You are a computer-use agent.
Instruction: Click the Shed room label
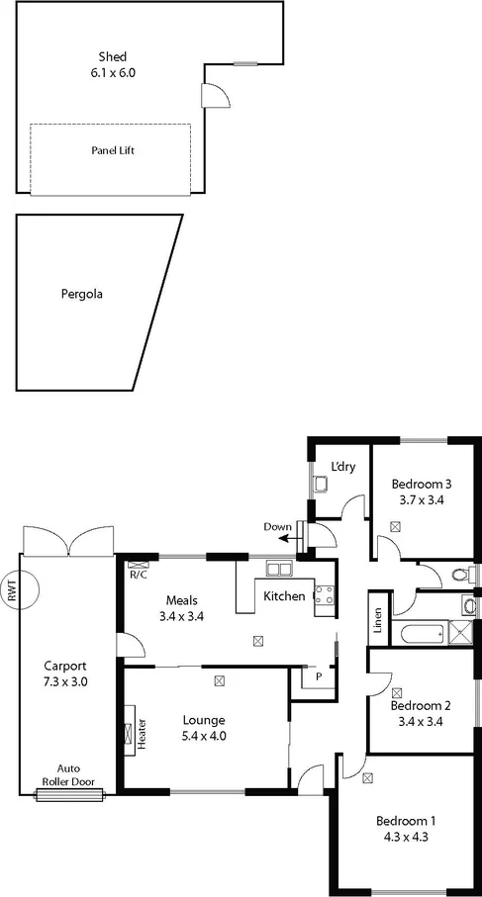tap(112, 55)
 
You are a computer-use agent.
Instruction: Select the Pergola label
tap(82, 294)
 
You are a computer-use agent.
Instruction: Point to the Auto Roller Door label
tap(68, 773)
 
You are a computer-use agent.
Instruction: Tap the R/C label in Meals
tap(138, 573)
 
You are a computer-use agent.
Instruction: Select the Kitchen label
tap(284, 596)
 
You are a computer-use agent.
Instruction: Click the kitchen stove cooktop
tap(324, 594)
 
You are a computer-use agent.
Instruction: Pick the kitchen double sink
tap(278, 569)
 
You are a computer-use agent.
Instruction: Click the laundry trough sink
tap(321, 485)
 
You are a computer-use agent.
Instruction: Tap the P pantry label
tap(318, 677)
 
